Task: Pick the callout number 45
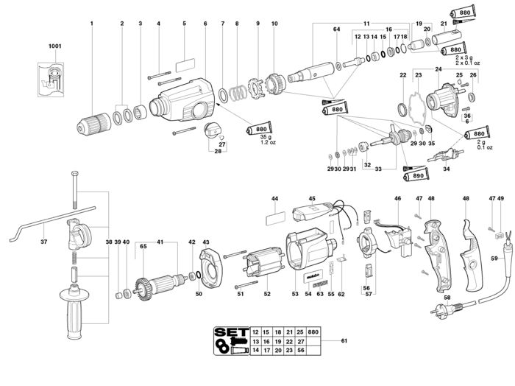pos(311,199)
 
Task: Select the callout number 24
pos(438,70)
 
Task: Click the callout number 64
pos(336,29)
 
